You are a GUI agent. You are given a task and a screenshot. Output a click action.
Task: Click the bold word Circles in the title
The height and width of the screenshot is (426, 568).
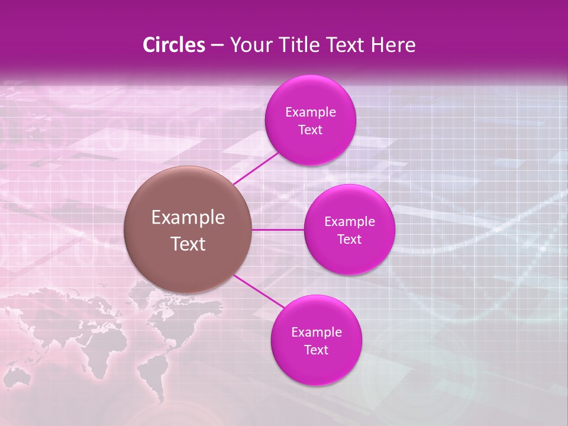click(174, 45)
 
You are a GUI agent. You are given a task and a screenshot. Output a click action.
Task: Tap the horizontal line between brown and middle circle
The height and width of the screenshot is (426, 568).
click(277, 230)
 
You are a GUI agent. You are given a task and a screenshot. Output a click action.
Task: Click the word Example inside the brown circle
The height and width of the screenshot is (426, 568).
click(188, 218)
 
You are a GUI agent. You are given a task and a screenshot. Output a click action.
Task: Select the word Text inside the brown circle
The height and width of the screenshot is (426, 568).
click(188, 244)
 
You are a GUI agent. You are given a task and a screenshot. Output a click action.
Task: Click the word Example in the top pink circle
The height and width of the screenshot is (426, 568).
click(310, 112)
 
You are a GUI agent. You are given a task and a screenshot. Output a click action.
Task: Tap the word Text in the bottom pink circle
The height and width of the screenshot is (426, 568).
click(316, 350)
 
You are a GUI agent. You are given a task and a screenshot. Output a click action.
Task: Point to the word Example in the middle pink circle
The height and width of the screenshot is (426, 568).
click(349, 222)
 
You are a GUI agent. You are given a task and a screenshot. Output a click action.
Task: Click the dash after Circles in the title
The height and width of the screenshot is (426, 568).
click(217, 46)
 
